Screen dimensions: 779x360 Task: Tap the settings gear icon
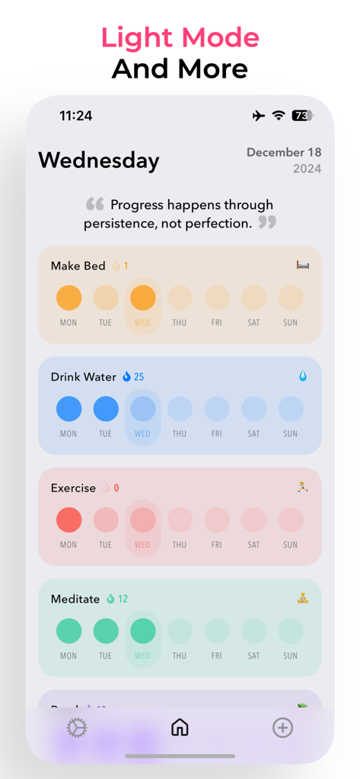77,728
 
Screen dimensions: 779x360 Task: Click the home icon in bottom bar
180,728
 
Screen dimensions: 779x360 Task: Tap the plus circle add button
282,728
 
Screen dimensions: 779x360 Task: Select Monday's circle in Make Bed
68,298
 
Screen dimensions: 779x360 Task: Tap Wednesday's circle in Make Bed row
142,298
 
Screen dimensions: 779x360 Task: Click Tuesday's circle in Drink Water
106,409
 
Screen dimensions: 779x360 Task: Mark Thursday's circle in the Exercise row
180,520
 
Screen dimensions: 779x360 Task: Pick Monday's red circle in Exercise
68,520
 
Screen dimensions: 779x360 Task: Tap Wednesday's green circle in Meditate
142,631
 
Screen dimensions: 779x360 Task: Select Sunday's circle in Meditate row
291,631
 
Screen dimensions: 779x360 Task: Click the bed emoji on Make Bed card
303,265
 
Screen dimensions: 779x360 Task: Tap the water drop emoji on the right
303,376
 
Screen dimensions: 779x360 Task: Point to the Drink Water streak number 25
139,377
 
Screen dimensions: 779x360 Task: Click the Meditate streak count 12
123,599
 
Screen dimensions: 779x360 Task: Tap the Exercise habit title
73,488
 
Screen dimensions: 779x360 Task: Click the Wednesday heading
99,161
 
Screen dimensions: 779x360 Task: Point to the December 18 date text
284,152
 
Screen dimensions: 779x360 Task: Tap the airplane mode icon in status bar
259,116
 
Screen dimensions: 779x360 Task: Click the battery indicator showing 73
302,116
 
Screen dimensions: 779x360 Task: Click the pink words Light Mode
180,37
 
